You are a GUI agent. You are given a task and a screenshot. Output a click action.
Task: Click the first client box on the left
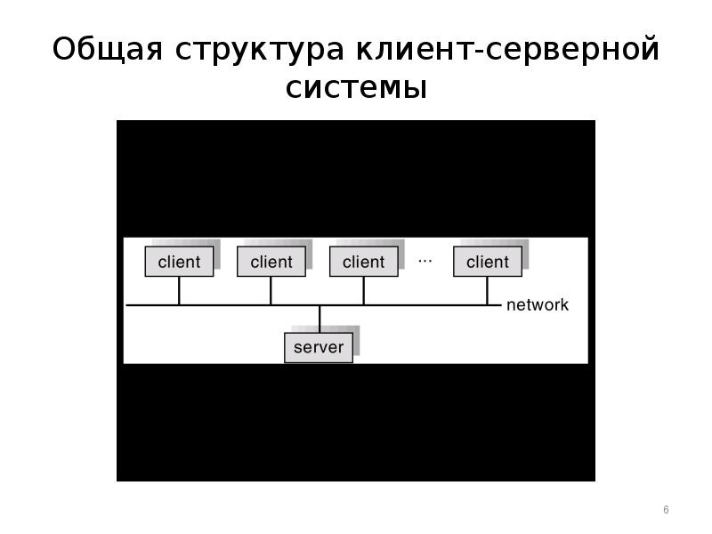179,262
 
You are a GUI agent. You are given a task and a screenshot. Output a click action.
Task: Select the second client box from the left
271,262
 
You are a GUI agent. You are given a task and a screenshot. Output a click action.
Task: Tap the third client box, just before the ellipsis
364,262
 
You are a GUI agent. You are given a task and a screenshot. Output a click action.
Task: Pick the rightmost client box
488,262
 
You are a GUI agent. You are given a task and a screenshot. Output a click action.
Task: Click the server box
319,348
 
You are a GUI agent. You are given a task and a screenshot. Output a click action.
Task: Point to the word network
538,304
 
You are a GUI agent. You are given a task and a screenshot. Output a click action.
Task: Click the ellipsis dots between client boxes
425,261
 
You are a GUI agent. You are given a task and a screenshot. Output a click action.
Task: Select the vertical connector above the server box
320,320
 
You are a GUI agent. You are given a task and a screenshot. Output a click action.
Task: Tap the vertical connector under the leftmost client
179,291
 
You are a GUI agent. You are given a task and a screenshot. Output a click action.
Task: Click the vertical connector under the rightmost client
487,291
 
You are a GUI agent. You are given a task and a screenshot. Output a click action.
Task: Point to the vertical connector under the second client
271,291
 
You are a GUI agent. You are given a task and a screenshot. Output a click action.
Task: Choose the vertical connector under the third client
364,291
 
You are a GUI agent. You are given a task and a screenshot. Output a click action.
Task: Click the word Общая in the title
107,49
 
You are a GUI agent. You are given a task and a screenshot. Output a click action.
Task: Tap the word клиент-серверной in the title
507,49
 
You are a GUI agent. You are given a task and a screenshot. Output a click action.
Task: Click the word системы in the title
357,87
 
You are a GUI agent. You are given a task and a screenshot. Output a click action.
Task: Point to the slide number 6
666,509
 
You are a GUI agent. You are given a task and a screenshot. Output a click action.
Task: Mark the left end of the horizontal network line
126,305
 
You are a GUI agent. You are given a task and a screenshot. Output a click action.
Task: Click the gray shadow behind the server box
356,341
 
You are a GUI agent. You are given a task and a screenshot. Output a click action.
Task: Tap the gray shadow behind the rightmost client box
525,255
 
